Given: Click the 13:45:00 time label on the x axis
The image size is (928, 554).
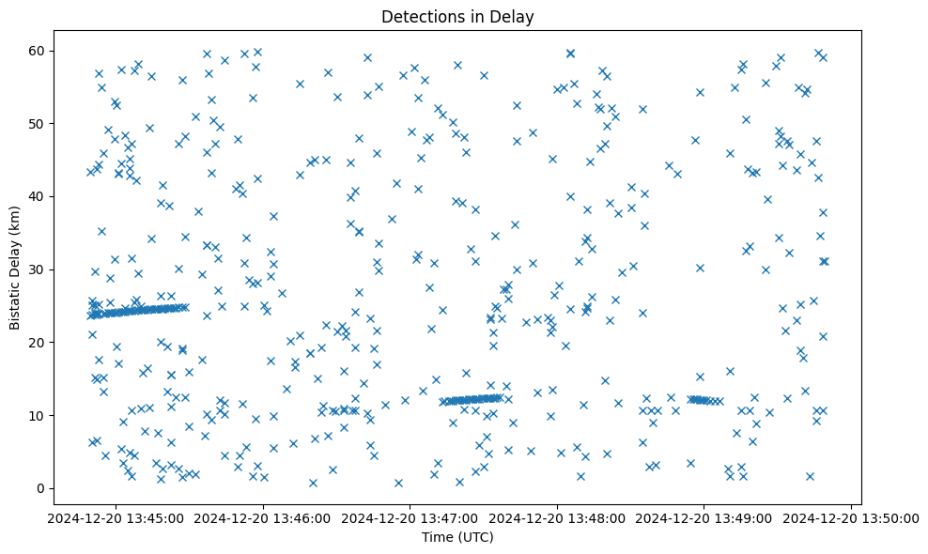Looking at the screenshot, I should pos(116,517).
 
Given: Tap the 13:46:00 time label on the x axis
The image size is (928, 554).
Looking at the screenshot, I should pos(264,517).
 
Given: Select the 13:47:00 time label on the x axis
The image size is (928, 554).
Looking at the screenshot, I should pos(410,517).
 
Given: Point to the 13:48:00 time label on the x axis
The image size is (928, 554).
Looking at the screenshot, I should pos(558,517).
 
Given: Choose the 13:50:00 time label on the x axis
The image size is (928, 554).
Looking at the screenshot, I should pos(852,517).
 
